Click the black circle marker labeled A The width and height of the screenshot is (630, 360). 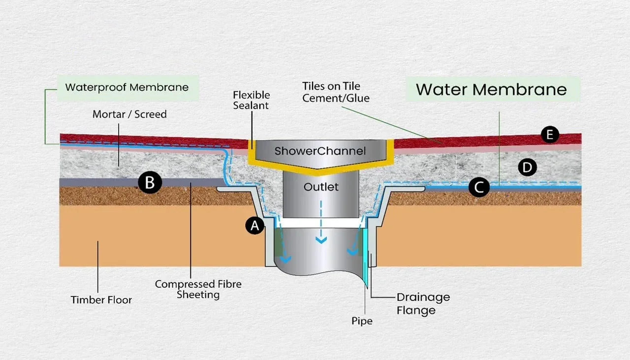(254, 226)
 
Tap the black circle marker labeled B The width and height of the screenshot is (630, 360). (150, 183)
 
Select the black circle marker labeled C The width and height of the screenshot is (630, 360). (479, 187)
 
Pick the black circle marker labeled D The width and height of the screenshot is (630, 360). (527, 168)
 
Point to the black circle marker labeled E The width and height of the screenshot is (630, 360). (549, 134)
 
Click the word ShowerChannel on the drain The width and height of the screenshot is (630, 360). (320, 151)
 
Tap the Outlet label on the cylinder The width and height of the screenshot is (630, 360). (321, 187)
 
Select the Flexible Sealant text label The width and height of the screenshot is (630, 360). (252, 99)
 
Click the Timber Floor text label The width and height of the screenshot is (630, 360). (101, 299)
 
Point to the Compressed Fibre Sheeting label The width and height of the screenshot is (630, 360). (198, 289)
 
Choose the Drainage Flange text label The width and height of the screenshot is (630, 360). (423, 303)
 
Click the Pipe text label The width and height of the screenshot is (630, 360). (362, 321)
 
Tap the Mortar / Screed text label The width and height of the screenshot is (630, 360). (129, 114)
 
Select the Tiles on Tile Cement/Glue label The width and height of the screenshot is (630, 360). (336, 92)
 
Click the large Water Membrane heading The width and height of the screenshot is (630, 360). (491, 89)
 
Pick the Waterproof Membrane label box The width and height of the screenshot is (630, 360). (127, 88)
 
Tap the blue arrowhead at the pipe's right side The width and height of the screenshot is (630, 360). (352, 251)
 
